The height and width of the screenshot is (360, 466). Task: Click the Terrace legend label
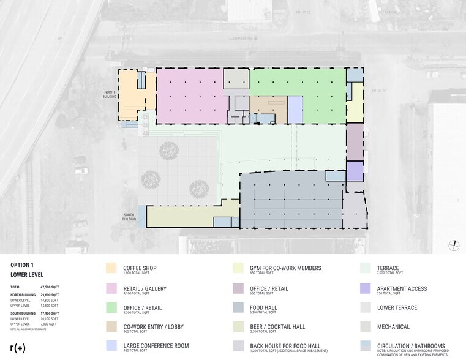[389, 268]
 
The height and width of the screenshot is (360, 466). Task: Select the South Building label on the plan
[129, 216]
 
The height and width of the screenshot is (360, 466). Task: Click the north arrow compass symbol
[454, 245]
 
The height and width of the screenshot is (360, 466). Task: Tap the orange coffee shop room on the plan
[132, 97]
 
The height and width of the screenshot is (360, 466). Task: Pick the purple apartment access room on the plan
[355, 171]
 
